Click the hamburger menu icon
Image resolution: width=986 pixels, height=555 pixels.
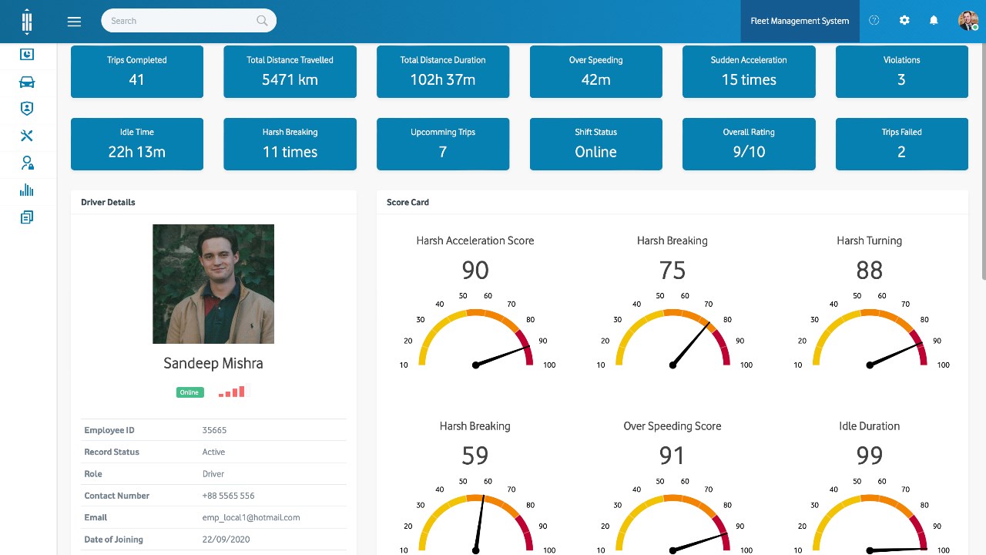pos(74,22)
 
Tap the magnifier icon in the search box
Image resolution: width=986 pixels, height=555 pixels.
pos(262,21)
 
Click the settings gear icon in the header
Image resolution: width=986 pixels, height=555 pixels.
pos(904,21)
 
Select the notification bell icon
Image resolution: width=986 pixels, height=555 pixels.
pos(934,21)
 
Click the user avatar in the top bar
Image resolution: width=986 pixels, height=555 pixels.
pos(968,21)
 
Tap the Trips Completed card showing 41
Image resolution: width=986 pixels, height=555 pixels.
pos(137,72)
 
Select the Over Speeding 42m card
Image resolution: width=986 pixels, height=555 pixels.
pos(595,72)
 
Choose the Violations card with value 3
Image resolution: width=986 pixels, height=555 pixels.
pos(901,72)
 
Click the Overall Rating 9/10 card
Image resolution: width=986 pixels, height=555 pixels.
pos(749,144)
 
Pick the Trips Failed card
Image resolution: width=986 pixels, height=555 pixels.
pos(901,144)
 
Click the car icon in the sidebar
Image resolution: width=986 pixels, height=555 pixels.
pos(27,82)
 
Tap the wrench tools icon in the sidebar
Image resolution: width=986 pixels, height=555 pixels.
pos(27,136)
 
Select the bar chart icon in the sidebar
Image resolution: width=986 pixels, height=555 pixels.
pos(27,190)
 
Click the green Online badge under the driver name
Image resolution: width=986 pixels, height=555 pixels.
pos(189,392)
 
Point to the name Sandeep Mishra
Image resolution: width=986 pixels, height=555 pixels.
pos(213,363)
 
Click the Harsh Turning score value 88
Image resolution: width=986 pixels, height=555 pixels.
pos(869,271)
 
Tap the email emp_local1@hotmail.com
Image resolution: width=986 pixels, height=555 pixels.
pos(251,517)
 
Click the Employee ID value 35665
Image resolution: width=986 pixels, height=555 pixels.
pos(214,430)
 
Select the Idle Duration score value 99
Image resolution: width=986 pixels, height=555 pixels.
pos(869,456)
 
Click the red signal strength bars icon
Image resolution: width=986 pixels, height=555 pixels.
pos(232,392)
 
